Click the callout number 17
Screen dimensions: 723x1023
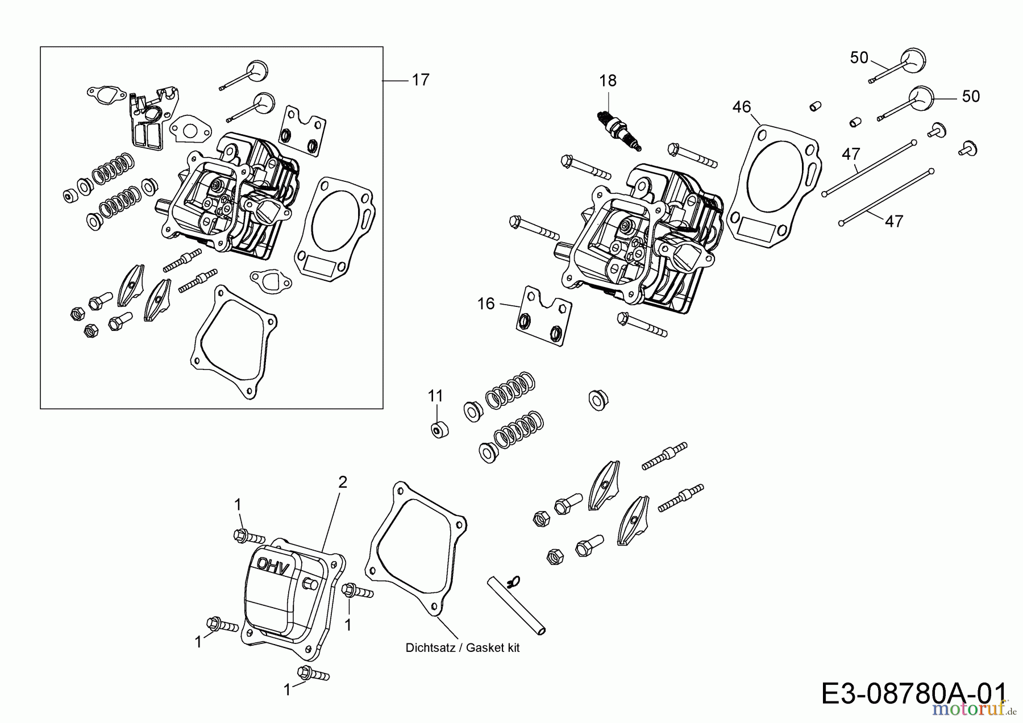[x=421, y=80]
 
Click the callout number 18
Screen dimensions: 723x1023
[x=608, y=81]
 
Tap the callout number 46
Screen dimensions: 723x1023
[x=742, y=107]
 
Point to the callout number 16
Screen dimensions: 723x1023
[x=486, y=304]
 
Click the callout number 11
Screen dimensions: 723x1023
[x=435, y=396]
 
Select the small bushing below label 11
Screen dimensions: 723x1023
[x=439, y=430]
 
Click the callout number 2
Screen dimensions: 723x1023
[x=342, y=483]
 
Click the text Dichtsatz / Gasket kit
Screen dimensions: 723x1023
[x=463, y=647]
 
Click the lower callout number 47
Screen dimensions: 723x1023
[x=894, y=221]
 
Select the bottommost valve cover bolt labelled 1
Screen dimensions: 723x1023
[x=314, y=674]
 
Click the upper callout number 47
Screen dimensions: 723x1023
[x=851, y=154]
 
